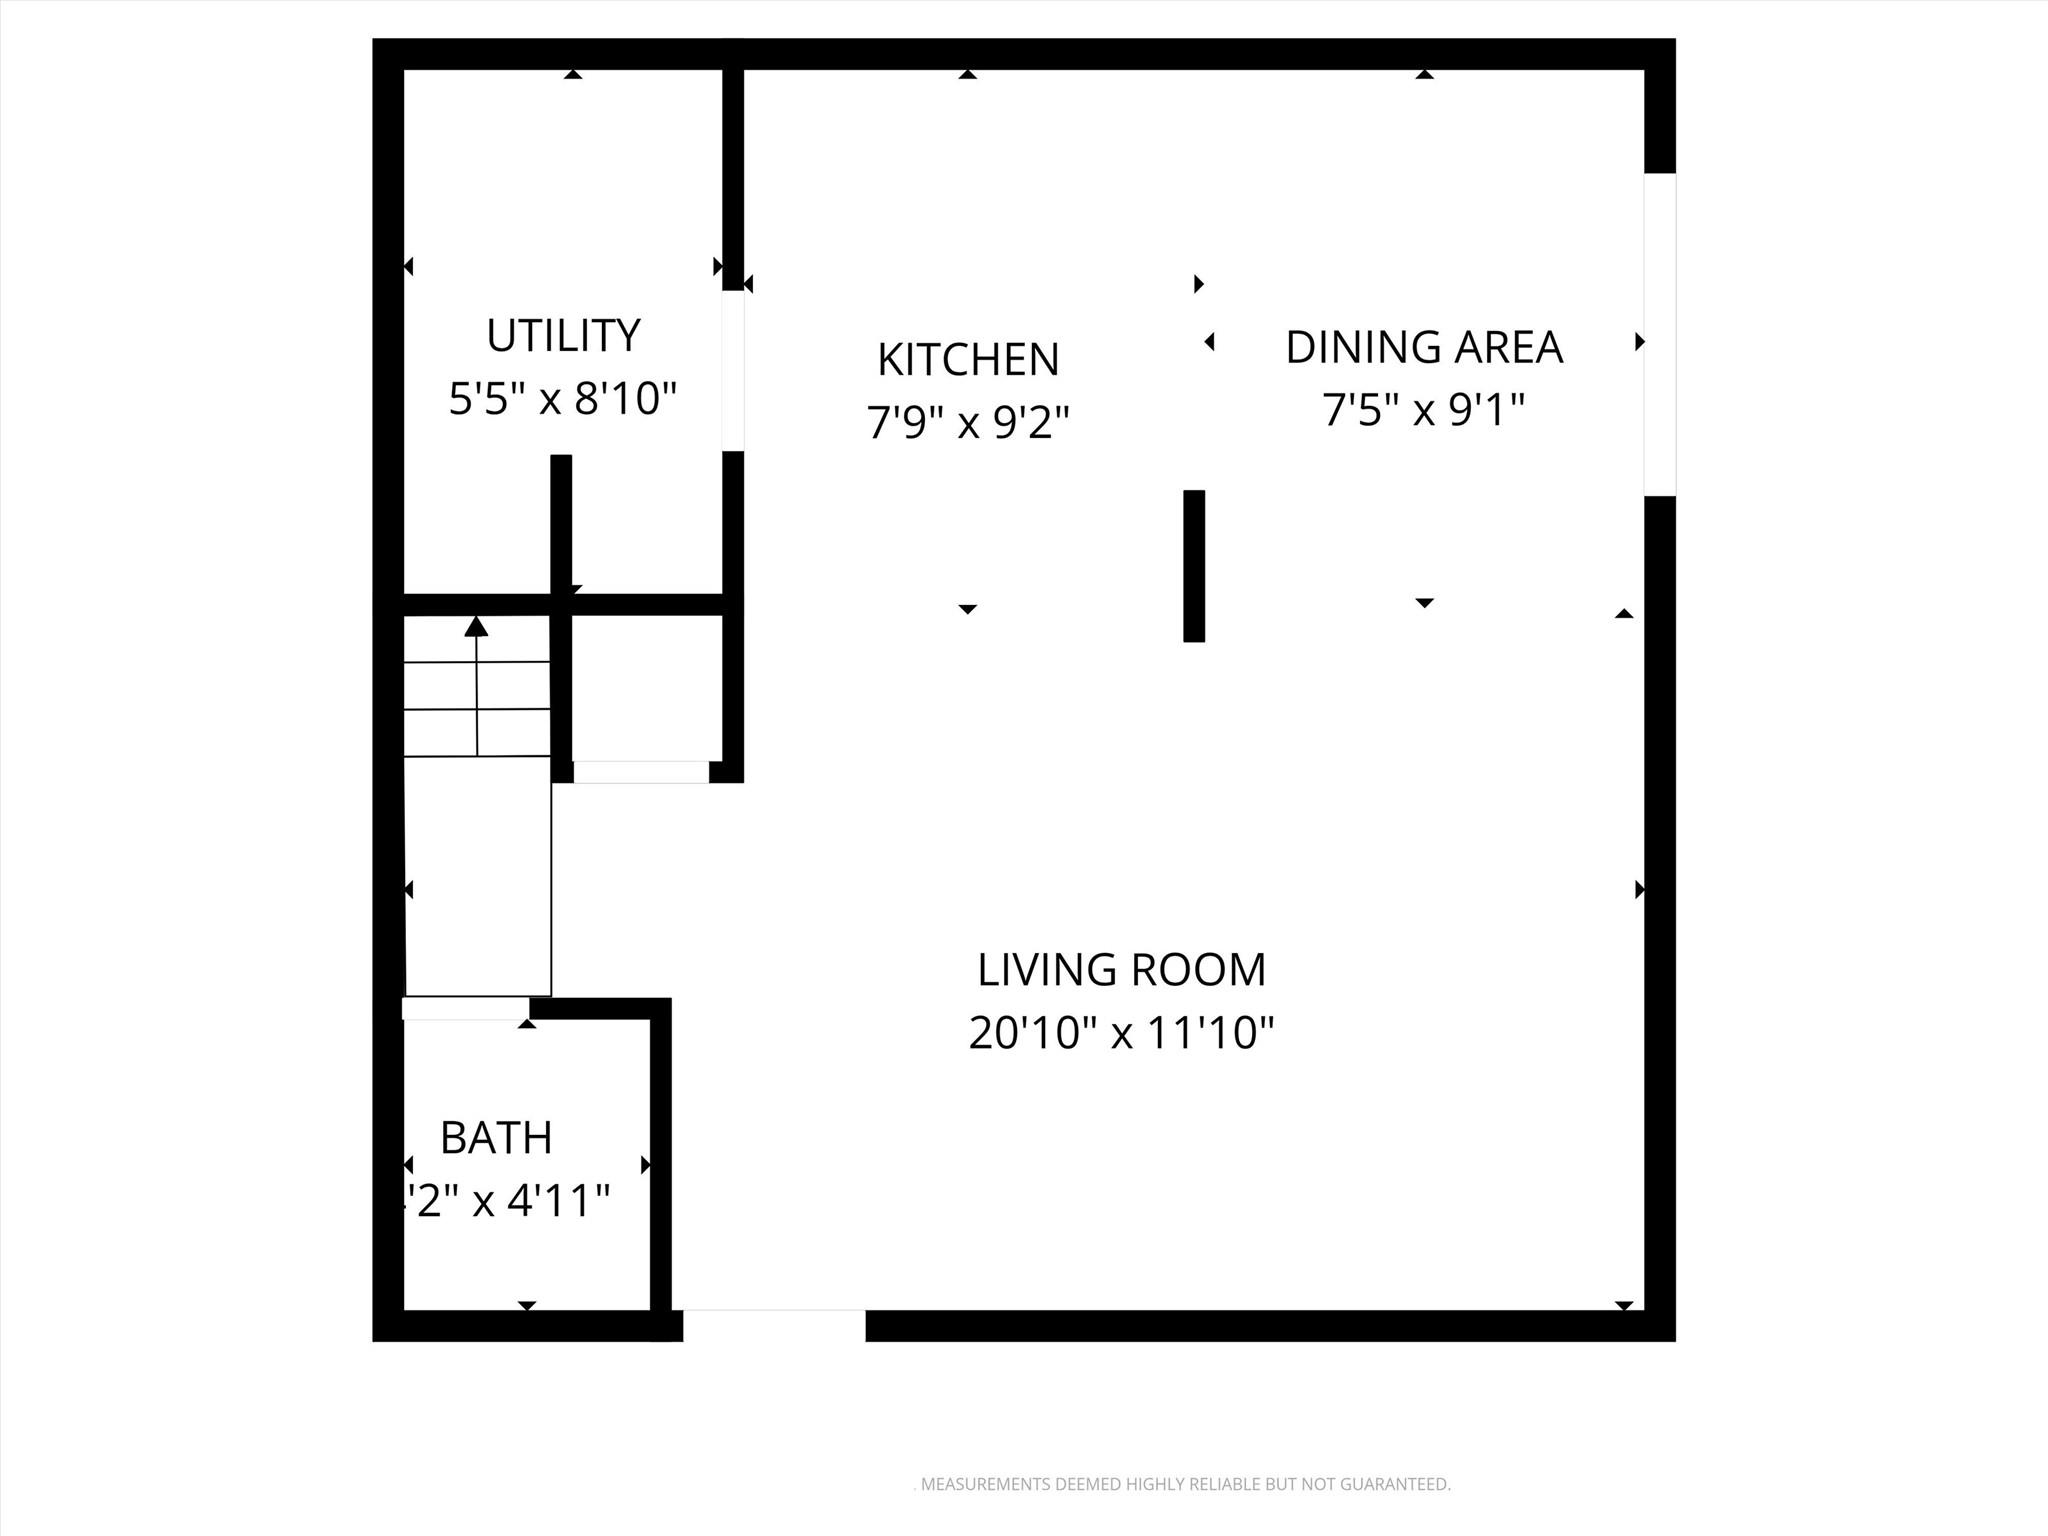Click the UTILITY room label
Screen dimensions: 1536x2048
[563, 336]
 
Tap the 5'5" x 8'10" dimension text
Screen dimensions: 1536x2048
[563, 399]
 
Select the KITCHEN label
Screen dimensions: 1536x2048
[968, 360]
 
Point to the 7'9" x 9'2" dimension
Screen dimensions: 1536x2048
[968, 423]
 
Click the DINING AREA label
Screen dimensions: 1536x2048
[1423, 347]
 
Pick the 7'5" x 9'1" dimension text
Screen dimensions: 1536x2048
[1423, 410]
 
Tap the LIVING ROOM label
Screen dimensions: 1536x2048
[1121, 970]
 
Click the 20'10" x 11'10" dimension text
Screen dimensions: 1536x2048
[1121, 1033]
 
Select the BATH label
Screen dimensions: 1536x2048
[496, 1138]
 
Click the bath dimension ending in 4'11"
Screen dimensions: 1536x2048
[505, 1201]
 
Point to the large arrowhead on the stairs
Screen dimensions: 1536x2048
[476, 627]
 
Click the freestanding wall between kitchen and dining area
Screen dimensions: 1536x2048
[1193, 566]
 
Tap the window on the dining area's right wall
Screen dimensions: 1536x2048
[1659, 335]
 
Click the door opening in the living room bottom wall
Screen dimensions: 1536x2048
[773, 1325]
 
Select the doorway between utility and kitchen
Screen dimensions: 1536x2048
[733, 371]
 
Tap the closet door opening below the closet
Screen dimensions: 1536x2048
[640, 772]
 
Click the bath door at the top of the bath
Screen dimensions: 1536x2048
[465, 1009]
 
